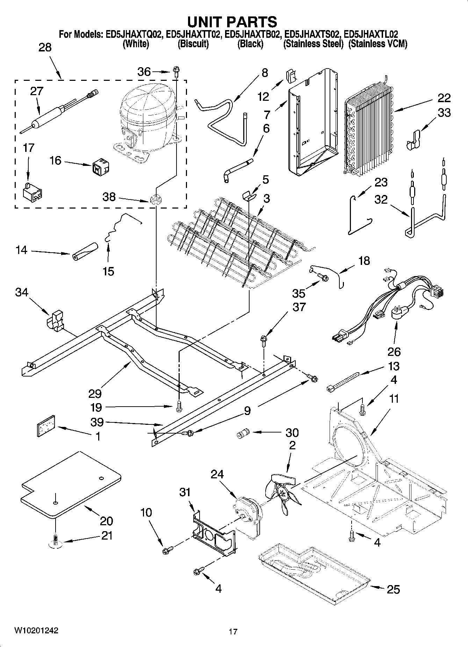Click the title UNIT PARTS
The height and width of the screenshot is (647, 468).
tap(232, 22)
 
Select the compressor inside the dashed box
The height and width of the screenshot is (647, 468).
tap(147, 115)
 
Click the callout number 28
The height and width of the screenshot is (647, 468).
tap(45, 48)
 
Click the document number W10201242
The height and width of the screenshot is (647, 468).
tap(36, 631)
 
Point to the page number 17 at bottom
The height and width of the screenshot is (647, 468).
tap(233, 632)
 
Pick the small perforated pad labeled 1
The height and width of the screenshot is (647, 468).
tap(46, 426)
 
